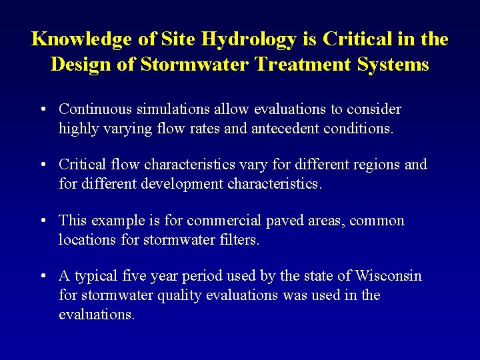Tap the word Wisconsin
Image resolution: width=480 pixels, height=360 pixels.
[389, 276]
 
